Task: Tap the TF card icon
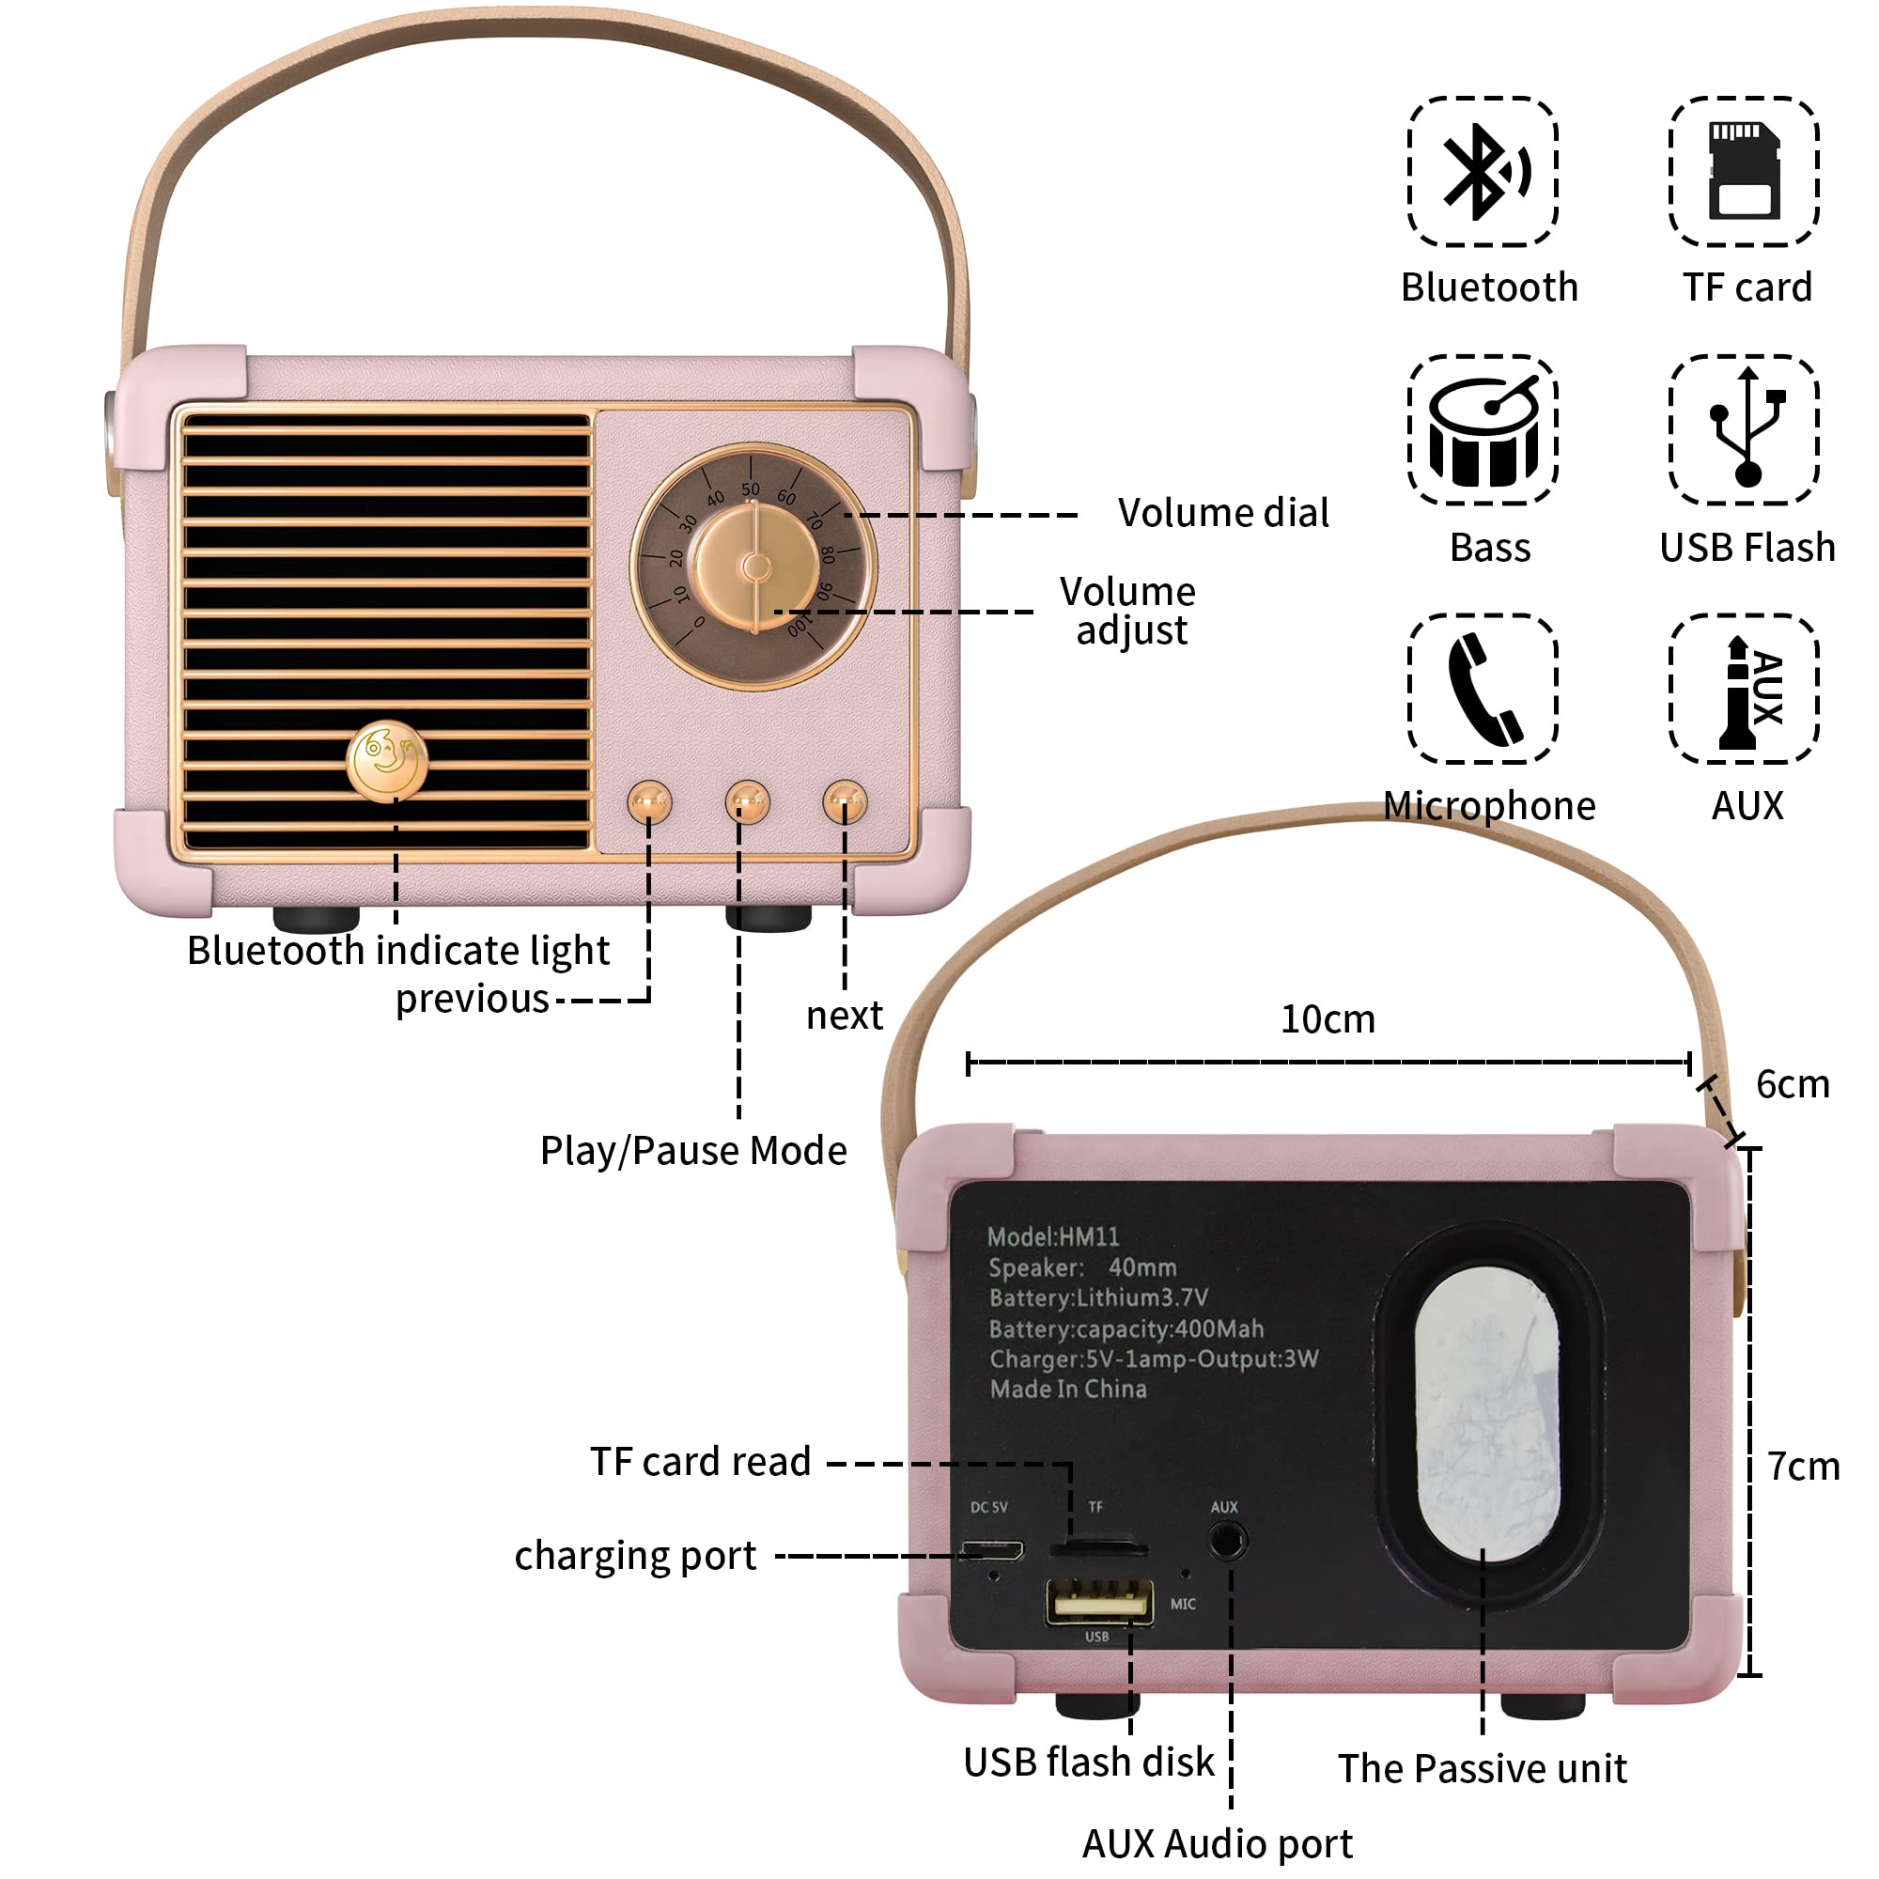coord(1744,172)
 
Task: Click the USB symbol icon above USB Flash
coord(1746,429)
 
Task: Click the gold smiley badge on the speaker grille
coord(387,761)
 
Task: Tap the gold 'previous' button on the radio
coord(648,802)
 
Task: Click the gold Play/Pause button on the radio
coord(747,802)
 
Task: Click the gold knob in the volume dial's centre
coord(755,566)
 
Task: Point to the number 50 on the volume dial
coord(751,489)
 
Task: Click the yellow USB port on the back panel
coord(1099,1601)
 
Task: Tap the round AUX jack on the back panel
coord(1226,1542)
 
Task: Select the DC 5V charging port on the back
coord(992,1549)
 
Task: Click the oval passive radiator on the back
coord(1487,1415)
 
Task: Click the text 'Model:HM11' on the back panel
coord(1053,1236)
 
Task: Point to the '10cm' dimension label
coord(1328,1019)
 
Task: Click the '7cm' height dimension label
coord(1803,1467)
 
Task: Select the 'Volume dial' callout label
coord(1222,513)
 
